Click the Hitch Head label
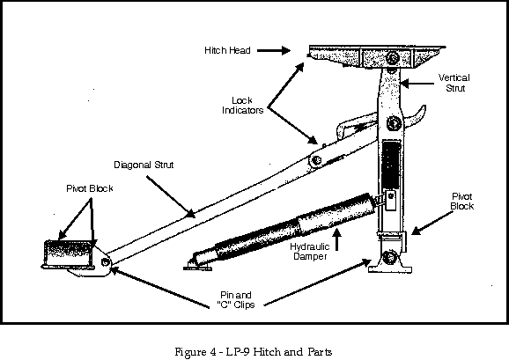pos(227,50)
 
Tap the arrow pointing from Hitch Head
pos(274,50)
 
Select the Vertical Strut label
pos(454,83)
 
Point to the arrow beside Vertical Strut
pos(417,84)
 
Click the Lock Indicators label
pos(242,106)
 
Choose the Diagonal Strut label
pos(144,165)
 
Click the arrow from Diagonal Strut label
pos(171,197)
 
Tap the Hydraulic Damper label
pos(310,252)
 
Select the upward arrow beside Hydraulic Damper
pos(337,239)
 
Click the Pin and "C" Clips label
pos(236,300)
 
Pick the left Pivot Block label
pos(90,188)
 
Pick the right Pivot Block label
pos(462,201)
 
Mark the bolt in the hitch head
pos(393,58)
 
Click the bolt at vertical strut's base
pos(388,258)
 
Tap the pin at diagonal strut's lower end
pos(105,261)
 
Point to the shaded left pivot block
pos(69,253)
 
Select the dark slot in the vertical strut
pos(391,165)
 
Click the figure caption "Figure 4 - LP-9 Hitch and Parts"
pos(254,352)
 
